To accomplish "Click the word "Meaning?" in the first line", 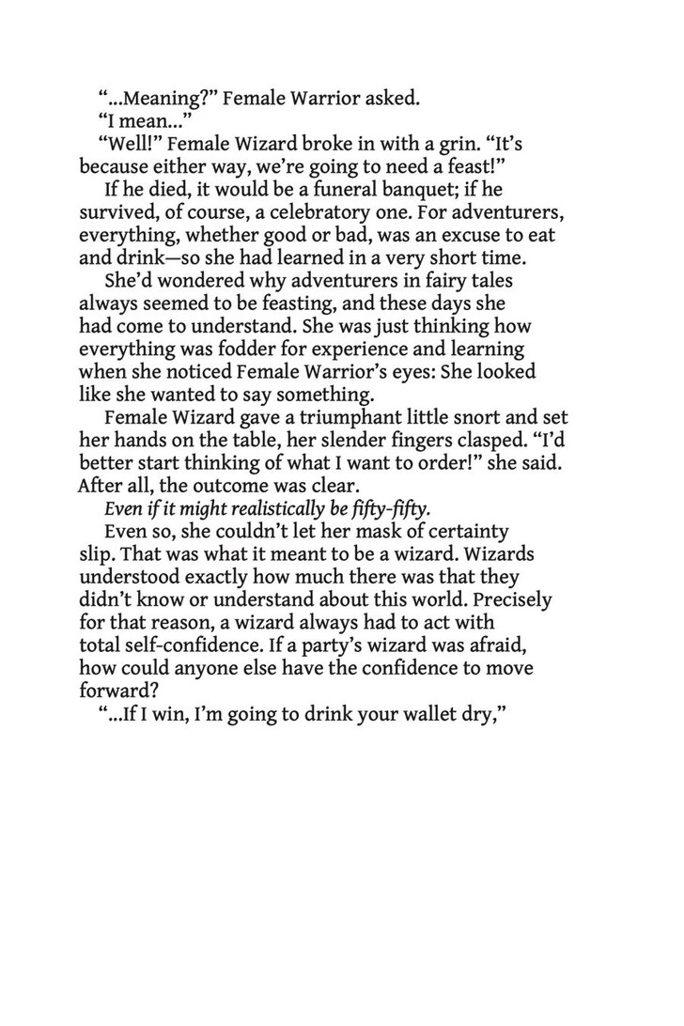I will point(159,96).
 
